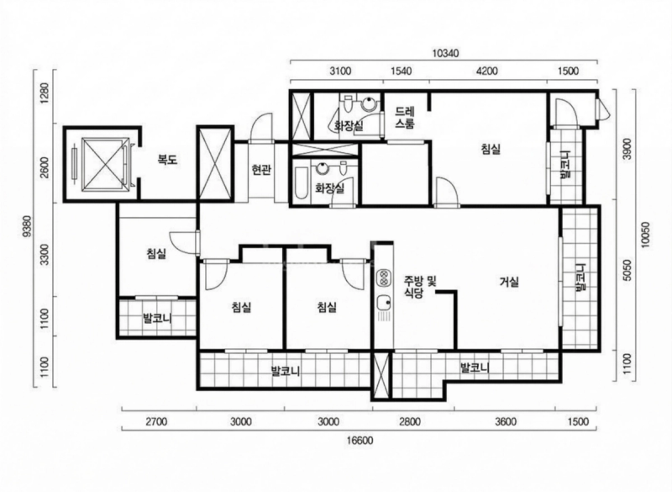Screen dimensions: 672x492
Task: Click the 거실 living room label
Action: pyautogui.click(x=509, y=282)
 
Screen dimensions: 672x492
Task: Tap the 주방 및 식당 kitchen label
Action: pyautogui.click(x=419, y=288)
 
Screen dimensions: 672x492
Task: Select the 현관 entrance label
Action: pyautogui.click(x=261, y=170)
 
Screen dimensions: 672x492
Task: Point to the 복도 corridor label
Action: pyautogui.click(x=167, y=160)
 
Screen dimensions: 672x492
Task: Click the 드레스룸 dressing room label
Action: pyautogui.click(x=405, y=118)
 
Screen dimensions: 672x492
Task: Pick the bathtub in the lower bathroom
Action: pyautogui.click(x=302, y=183)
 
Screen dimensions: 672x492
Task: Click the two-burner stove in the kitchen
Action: pyautogui.click(x=383, y=278)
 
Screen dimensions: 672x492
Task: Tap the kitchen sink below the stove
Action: pyautogui.click(x=384, y=304)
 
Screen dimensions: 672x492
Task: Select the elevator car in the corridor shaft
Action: pyautogui.click(x=105, y=163)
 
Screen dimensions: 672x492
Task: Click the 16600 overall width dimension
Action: pyautogui.click(x=360, y=441)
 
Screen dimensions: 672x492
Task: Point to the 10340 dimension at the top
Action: pyautogui.click(x=446, y=53)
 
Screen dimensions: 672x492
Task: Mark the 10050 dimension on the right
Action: pyautogui.click(x=646, y=235)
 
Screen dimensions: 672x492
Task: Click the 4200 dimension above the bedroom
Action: pyautogui.click(x=487, y=71)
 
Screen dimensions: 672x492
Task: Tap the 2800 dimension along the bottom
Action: pyautogui.click(x=410, y=421)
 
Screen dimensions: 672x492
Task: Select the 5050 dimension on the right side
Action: pyautogui.click(x=627, y=270)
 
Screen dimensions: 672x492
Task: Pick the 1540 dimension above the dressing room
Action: pyautogui.click(x=402, y=71)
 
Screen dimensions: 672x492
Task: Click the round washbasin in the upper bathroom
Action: pyautogui.click(x=369, y=103)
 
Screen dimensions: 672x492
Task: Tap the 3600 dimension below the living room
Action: pyautogui.click(x=506, y=421)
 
